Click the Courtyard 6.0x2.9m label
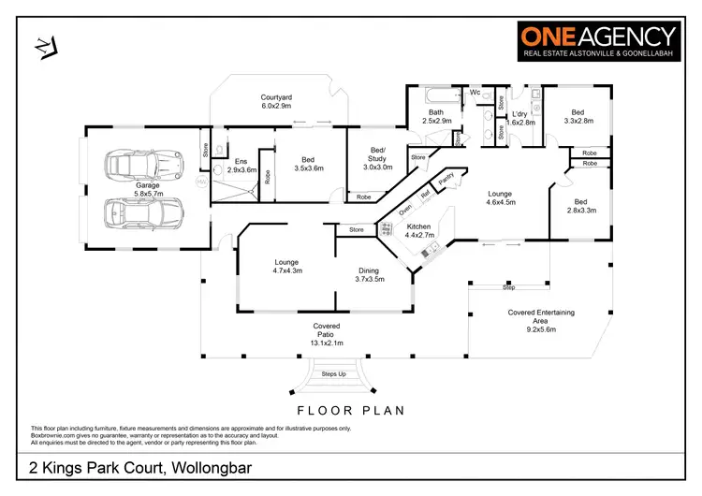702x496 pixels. coord(275,100)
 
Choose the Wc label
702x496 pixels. coord(475,93)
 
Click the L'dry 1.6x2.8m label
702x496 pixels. coord(521,118)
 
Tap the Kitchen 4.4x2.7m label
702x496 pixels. coord(418,231)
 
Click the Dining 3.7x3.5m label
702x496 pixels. coord(370,274)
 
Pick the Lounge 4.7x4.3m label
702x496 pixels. coord(286,266)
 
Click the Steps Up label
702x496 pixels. coord(334,372)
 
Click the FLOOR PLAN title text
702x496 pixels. coord(350,410)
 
